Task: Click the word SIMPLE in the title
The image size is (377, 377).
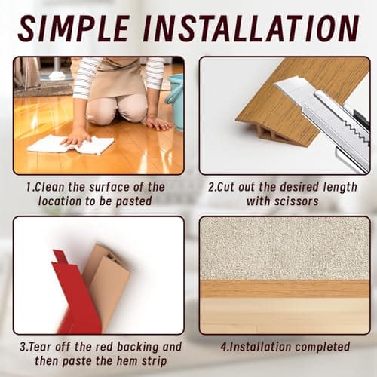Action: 73,29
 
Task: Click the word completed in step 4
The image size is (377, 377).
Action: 323,347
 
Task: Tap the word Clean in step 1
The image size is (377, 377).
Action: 50,187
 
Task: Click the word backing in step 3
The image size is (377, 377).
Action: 137,348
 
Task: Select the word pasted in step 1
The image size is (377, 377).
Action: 133,202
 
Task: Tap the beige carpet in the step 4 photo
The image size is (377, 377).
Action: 284,248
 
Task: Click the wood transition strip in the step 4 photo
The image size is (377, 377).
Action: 284,289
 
